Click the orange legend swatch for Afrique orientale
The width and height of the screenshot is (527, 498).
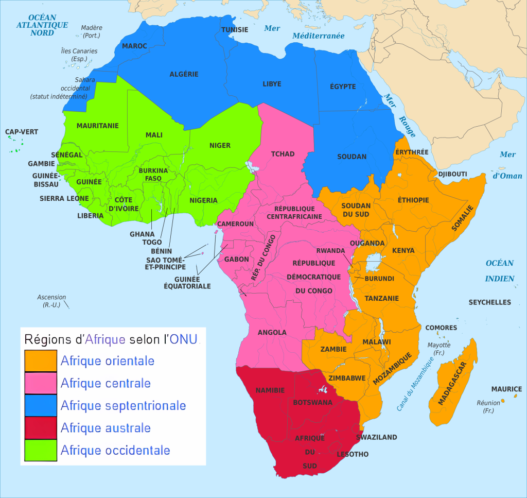click(x=41, y=360)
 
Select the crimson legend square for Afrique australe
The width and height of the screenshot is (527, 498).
click(x=41, y=427)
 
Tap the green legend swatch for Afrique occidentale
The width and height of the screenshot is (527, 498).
click(x=41, y=450)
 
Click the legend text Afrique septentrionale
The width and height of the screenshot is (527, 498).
click(x=123, y=405)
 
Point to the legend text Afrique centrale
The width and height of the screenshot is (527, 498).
click(x=106, y=383)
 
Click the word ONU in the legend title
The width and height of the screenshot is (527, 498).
click(x=184, y=339)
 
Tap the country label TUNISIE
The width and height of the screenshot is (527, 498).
click(x=235, y=29)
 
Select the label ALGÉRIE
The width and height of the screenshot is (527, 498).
click(x=184, y=74)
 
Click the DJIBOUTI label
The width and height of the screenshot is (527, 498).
click(x=452, y=174)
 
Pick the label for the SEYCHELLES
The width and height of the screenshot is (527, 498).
click(x=489, y=302)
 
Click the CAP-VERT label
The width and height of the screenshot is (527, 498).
click(x=22, y=132)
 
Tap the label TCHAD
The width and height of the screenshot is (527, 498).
click(x=283, y=154)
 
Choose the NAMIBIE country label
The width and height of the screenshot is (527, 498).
click(x=270, y=391)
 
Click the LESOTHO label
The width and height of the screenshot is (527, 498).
click(x=353, y=454)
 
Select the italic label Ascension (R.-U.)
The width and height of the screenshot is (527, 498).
click(x=51, y=301)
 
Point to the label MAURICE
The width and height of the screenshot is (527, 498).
click(x=506, y=389)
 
